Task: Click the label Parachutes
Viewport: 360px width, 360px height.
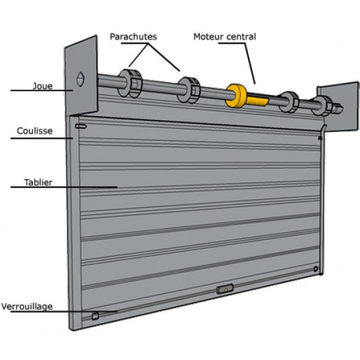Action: pos(133,37)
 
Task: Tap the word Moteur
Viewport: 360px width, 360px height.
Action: pos(208,37)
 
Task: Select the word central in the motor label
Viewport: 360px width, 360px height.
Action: pos(241,37)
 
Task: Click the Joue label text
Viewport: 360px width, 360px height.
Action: pos(43,86)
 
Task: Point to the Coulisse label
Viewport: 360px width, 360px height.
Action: pos(35,131)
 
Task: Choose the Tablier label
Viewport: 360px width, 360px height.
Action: pos(38,182)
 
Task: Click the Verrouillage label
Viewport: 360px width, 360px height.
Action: pos(27,307)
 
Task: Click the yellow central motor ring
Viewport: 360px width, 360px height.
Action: pos(237,96)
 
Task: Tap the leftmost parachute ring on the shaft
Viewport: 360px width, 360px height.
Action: pos(129,83)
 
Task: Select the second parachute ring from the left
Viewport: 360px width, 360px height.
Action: pos(189,90)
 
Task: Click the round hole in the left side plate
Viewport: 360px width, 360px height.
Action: pos(80,78)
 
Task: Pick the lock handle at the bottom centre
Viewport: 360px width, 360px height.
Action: pos(225,289)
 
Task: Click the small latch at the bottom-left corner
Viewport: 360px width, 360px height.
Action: pos(95,316)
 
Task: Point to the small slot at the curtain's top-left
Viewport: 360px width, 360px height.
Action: pos(81,126)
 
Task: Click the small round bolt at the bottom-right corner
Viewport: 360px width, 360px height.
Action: pos(316,269)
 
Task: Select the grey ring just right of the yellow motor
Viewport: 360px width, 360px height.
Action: pos(289,102)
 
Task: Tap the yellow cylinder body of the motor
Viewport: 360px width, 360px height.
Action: pos(257,100)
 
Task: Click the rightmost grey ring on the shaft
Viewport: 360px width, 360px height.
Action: pos(322,106)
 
